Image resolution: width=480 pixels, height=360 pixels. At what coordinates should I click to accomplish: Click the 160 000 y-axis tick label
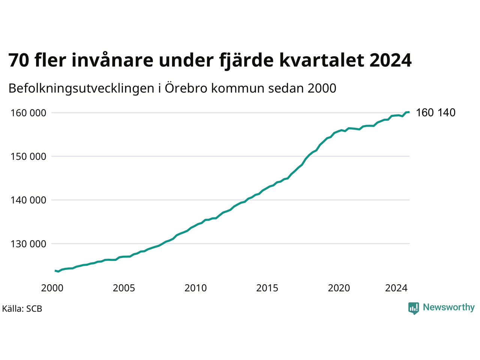tap(28, 113)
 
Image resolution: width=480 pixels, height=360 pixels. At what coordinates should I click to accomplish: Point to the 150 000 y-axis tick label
tap(28, 156)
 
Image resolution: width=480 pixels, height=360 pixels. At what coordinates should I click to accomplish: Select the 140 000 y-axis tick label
tap(28, 200)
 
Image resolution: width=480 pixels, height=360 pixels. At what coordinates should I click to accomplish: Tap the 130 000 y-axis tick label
tap(28, 244)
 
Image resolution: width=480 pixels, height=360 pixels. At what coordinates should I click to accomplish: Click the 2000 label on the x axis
tap(52, 288)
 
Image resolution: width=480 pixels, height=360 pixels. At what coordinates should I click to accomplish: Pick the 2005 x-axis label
tap(124, 288)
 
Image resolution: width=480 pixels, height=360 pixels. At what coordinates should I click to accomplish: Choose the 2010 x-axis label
tap(195, 288)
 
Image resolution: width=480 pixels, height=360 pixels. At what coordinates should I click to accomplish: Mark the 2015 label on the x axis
tap(267, 288)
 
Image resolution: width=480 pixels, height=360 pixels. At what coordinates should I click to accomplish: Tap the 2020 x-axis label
tap(339, 288)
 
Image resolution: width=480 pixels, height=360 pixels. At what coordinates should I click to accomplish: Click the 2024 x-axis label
tap(396, 288)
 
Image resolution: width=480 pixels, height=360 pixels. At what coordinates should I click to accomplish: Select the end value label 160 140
tap(435, 112)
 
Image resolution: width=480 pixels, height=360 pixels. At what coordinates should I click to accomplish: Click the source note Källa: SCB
tap(22, 309)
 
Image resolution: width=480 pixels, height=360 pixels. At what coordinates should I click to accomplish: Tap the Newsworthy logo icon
tap(414, 308)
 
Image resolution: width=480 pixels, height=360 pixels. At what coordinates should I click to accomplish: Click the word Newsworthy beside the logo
tap(449, 307)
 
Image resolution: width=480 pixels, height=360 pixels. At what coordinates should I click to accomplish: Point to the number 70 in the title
tap(19, 60)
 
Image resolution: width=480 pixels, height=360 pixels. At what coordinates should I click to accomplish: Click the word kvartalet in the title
tap(322, 60)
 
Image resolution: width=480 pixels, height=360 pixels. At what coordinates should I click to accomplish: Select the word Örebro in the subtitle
tap(186, 88)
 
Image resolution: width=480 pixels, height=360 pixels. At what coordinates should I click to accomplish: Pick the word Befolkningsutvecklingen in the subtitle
tap(81, 88)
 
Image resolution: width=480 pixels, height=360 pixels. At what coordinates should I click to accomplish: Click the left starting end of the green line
tap(55, 271)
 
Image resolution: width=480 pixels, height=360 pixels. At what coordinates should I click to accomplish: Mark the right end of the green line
tap(409, 112)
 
